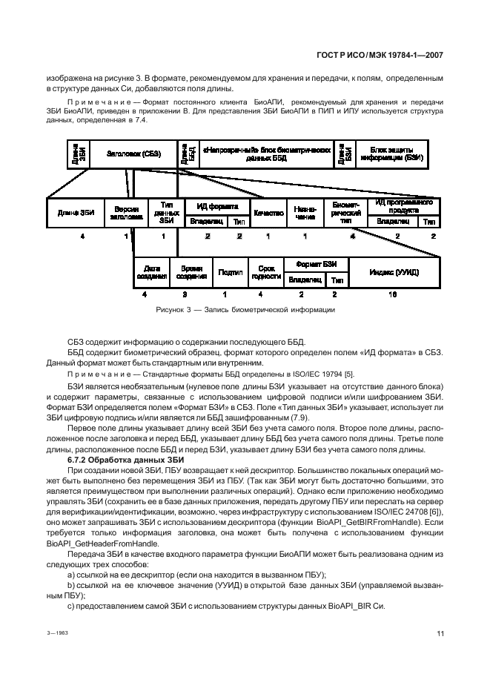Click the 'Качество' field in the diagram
(268, 213)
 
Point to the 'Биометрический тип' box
(345, 213)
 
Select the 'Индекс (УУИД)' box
(394, 272)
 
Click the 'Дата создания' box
(152, 272)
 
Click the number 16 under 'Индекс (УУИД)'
(393, 294)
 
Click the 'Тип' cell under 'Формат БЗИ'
(337, 280)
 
